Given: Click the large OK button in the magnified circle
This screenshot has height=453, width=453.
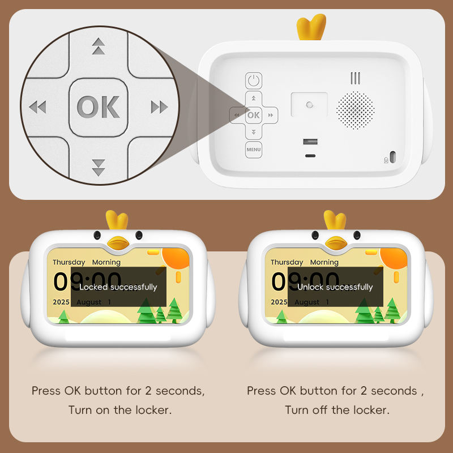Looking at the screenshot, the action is point(98,107).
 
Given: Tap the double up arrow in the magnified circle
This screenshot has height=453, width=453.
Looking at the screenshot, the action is point(99,46).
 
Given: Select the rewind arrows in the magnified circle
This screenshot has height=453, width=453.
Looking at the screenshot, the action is point(37,107).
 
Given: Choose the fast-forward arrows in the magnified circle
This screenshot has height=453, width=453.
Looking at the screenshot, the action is point(160,107).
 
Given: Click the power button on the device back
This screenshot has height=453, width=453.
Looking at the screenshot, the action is point(254,80).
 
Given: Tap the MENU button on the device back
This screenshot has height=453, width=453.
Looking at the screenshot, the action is point(254,149).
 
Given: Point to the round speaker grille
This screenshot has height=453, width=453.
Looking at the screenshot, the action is point(356,110).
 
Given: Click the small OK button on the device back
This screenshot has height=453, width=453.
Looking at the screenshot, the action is point(254,115).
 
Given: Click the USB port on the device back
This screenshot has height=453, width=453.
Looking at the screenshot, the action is point(310,142).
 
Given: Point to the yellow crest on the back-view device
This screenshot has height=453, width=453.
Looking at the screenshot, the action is point(311,27).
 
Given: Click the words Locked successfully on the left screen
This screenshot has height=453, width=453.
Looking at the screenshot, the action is point(118,287).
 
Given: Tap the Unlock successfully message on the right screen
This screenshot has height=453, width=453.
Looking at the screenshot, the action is point(335,287).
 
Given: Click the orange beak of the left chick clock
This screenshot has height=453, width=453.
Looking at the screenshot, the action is point(118,243).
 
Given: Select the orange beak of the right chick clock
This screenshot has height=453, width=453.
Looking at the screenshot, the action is point(336,243).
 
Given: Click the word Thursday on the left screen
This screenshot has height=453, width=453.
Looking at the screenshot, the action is point(69,262).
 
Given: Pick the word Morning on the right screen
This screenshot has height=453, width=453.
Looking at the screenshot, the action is point(324,262).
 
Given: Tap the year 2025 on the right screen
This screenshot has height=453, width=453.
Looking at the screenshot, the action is point(279,302).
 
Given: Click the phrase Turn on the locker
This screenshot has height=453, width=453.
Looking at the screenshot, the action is point(120,410).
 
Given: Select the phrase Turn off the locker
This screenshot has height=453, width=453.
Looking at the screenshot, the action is point(337,410).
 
